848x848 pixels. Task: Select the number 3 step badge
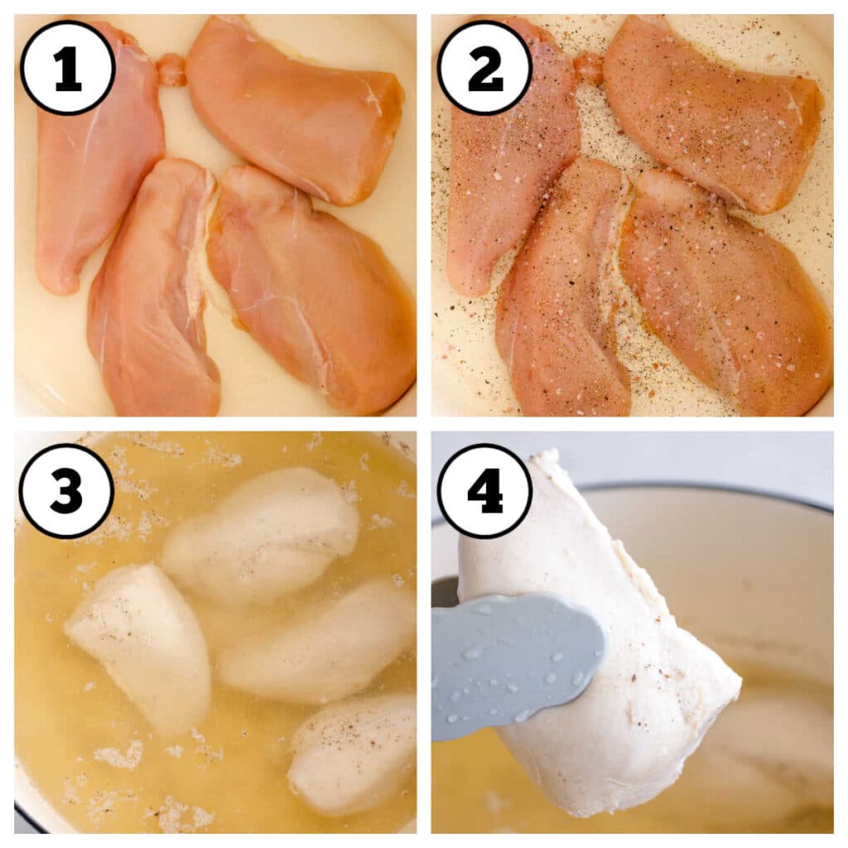point(67,490)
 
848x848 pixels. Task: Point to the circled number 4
point(484,490)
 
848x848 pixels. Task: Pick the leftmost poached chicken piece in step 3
point(141,646)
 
